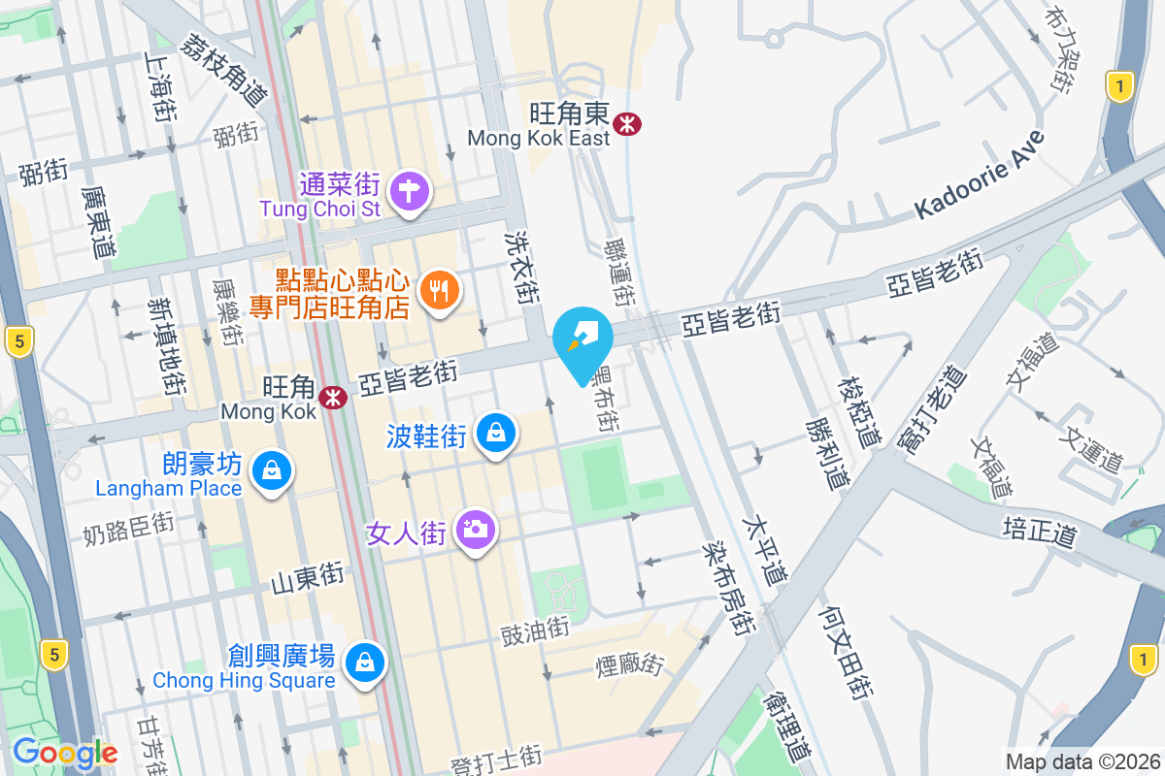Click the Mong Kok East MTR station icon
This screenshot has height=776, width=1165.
tap(627, 123)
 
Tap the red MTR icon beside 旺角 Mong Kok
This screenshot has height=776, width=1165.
tap(333, 397)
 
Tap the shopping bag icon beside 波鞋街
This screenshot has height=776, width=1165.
tap(496, 434)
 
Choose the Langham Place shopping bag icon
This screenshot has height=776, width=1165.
tap(271, 472)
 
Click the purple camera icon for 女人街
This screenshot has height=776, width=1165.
tap(475, 530)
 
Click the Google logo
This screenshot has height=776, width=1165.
tap(65, 753)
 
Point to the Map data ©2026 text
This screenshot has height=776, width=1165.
tap(1082, 761)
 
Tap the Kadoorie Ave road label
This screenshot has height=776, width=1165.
tap(980, 177)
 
